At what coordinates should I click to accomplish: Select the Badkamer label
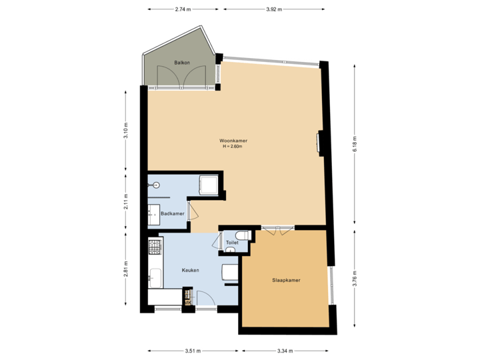click(172, 213)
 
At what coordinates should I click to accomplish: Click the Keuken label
click(191, 270)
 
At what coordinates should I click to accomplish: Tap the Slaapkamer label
click(286, 281)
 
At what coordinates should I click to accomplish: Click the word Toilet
click(232, 243)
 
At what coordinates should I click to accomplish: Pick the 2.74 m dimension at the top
click(182, 9)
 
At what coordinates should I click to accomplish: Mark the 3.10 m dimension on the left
click(125, 129)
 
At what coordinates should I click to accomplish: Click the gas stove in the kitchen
click(154, 247)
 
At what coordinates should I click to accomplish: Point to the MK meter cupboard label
click(188, 303)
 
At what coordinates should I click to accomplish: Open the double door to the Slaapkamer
click(277, 229)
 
